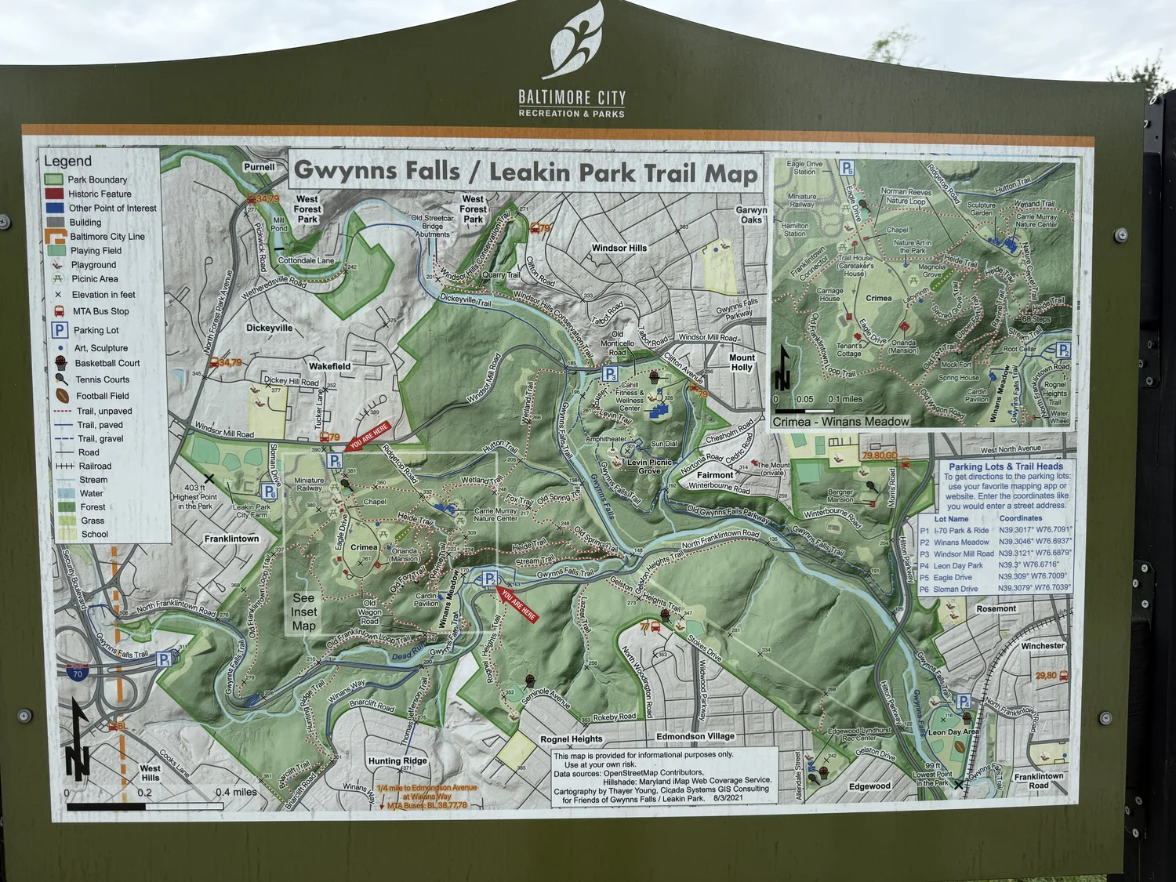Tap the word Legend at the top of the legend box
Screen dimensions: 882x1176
pyautogui.click(x=67, y=161)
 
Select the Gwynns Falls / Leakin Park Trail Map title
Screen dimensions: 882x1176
pyautogui.click(x=525, y=172)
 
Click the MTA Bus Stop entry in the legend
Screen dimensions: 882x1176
pyautogui.click(x=100, y=311)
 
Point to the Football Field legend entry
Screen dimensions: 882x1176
pyautogui.click(x=101, y=396)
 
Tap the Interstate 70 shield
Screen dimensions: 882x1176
pyautogui.click(x=77, y=673)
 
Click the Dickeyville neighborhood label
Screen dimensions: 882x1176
pyautogui.click(x=269, y=328)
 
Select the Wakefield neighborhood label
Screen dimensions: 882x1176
pyautogui.click(x=329, y=366)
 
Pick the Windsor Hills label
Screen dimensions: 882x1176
pyautogui.click(x=619, y=248)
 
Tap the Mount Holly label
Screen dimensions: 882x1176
pyautogui.click(x=742, y=362)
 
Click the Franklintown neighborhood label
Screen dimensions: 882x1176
pyautogui.click(x=231, y=539)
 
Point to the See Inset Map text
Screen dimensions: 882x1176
pyautogui.click(x=304, y=612)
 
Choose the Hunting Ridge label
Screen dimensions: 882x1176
pyautogui.click(x=397, y=760)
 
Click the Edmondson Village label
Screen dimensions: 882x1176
pyautogui.click(x=695, y=736)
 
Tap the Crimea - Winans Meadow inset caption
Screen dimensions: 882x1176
pyautogui.click(x=840, y=422)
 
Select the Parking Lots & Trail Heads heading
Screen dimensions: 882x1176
pyautogui.click(x=1006, y=466)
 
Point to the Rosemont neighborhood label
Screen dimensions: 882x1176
pyautogui.click(x=996, y=608)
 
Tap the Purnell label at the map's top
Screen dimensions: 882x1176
pyautogui.click(x=259, y=167)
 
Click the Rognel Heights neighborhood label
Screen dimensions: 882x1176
pyautogui.click(x=572, y=739)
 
